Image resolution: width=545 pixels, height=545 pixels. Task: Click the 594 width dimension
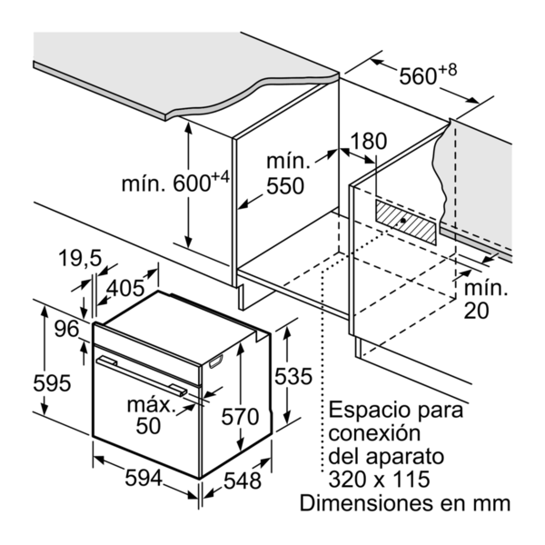pyautogui.click(x=144, y=478)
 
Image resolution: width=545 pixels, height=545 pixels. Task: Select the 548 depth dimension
pyautogui.click(x=243, y=481)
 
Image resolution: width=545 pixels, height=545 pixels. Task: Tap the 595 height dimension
pyautogui.click(x=52, y=382)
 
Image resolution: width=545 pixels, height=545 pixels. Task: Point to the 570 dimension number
pyautogui.click(x=240, y=416)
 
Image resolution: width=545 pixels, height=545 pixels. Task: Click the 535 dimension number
pyautogui.click(x=293, y=376)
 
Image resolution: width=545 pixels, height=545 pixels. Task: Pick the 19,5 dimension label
pyautogui.click(x=80, y=258)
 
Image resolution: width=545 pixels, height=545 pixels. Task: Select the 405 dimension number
pyautogui.click(x=124, y=288)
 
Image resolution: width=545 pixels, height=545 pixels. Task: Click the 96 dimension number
pyautogui.click(x=66, y=329)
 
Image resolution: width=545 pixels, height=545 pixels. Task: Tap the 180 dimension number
pyautogui.click(x=369, y=141)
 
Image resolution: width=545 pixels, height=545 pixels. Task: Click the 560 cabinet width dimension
pyautogui.click(x=418, y=76)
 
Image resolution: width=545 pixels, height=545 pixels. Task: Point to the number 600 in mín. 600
pyautogui.click(x=192, y=183)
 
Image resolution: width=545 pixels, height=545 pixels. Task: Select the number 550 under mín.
pyautogui.click(x=285, y=185)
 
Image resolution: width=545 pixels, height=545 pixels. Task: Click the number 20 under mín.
pyautogui.click(x=476, y=311)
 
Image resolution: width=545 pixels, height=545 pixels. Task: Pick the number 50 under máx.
pyautogui.click(x=148, y=425)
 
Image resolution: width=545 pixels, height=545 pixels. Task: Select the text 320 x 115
pyautogui.click(x=379, y=479)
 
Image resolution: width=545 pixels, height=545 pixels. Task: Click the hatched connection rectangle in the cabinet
pyautogui.click(x=405, y=222)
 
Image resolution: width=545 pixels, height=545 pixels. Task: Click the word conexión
pyautogui.click(x=374, y=432)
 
